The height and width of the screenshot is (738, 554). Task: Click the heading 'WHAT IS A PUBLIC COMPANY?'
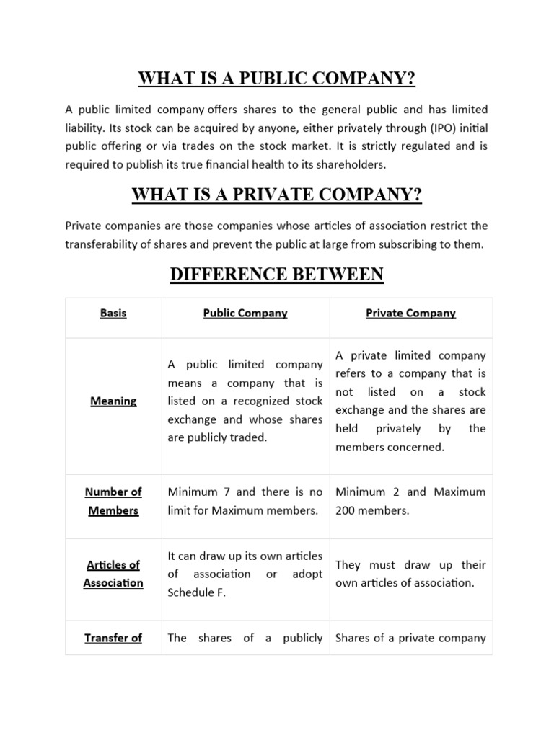pos(277,78)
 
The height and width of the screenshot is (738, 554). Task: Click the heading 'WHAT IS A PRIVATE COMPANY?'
pos(277,195)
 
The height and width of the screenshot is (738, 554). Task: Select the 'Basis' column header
pos(113,314)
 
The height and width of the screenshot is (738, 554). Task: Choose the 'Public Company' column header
pos(245,314)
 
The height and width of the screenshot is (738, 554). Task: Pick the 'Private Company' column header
pos(410,314)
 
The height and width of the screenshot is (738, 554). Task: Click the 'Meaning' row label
pos(113,401)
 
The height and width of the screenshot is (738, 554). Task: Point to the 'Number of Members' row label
pos(113,501)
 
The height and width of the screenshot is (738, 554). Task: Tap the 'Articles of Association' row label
pos(113,574)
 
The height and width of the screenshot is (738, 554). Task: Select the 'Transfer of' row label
pos(113,638)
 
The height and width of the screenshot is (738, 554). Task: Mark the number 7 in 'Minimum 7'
pos(227,492)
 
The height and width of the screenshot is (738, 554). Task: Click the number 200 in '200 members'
pos(346,511)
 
